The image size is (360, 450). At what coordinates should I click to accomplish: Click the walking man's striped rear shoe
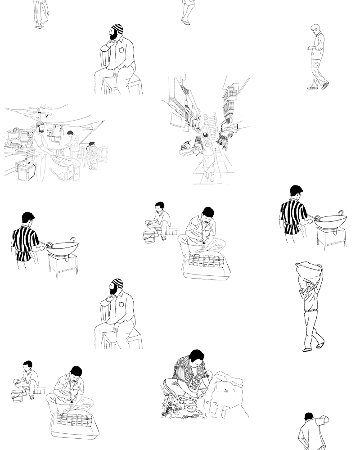[325, 85]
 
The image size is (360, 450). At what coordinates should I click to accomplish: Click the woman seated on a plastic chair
[92, 155]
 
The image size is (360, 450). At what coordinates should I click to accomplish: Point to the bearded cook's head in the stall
[40, 126]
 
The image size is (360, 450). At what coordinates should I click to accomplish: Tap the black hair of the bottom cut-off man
[309, 416]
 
